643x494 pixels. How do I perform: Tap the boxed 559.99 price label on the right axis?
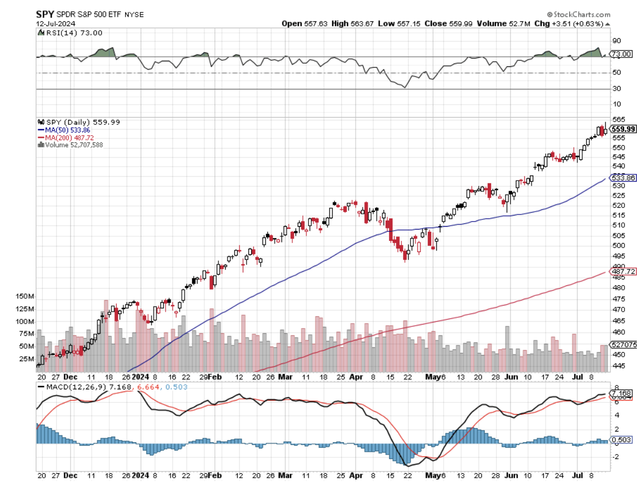click(x=623, y=129)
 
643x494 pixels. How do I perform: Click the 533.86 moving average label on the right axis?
click(x=623, y=178)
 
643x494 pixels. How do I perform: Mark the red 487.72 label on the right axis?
click(x=623, y=272)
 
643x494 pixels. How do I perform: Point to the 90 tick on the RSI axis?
click(x=617, y=41)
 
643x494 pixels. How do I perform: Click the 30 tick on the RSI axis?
click(x=617, y=88)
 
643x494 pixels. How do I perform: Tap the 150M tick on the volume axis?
click(x=26, y=296)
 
